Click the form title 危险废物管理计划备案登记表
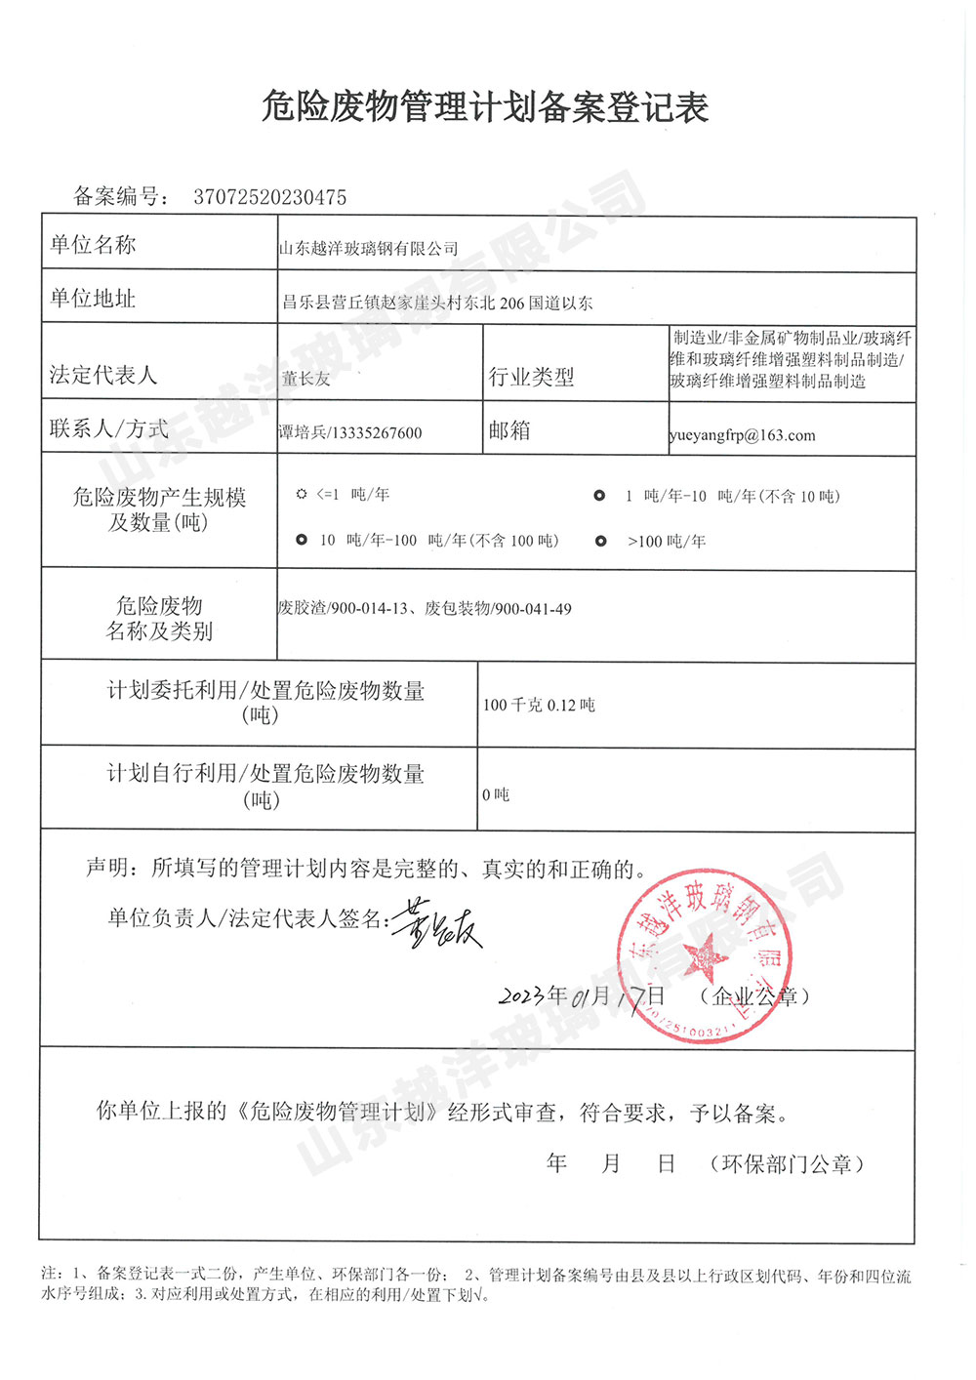tap(485, 107)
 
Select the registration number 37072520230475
tap(269, 197)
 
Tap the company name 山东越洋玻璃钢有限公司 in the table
tap(368, 249)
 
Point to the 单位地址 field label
tap(93, 299)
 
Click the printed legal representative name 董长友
tap(305, 379)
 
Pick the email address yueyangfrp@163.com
tap(743, 435)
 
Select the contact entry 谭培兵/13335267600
tap(350, 432)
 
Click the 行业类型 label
tap(531, 377)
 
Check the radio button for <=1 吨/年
tap(302, 495)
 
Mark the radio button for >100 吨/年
tap(601, 541)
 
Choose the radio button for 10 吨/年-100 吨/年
tap(302, 540)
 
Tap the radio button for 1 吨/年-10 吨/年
tap(599, 496)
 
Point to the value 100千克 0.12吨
tap(539, 705)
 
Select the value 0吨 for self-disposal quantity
tap(496, 795)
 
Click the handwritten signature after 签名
tap(437, 922)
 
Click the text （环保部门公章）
tap(787, 1163)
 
